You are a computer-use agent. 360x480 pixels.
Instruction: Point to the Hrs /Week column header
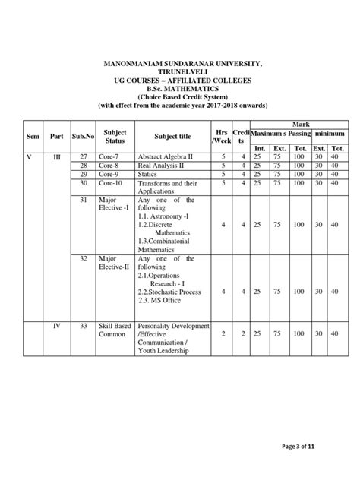tap(222, 137)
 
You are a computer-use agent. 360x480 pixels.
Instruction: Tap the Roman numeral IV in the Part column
tap(55, 327)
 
